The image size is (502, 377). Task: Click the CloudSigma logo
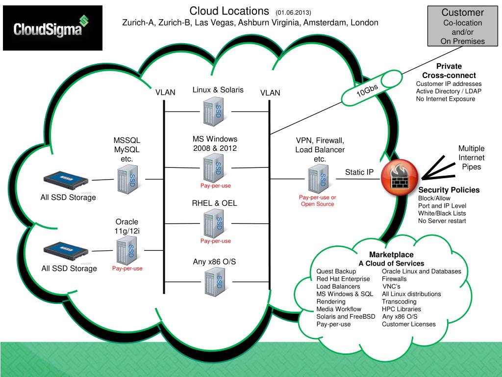pos(52,27)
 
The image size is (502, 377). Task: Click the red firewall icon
pos(398,176)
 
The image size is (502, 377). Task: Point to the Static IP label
pos(359,172)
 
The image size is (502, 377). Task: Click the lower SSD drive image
pos(67,251)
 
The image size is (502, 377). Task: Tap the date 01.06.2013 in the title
pos(293,12)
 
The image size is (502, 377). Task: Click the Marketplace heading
pos(391,255)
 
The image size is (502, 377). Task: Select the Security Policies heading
pos(449,190)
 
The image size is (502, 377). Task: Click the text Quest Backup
pos(336,271)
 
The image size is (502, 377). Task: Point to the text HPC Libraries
pos(401,309)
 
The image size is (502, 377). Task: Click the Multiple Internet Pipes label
pos(471,158)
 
